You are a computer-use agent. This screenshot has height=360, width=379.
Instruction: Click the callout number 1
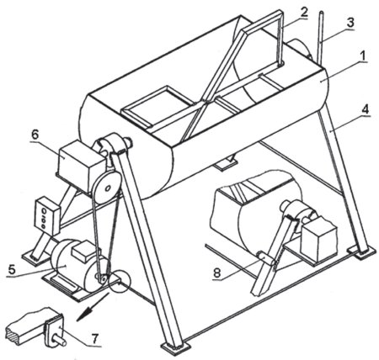click(363, 57)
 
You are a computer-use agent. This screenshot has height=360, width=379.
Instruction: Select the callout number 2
click(304, 13)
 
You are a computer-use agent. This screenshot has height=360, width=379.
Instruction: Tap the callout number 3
click(350, 24)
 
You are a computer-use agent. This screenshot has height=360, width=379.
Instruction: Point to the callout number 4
click(366, 109)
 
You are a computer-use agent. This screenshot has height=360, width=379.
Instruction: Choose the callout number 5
click(12, 269)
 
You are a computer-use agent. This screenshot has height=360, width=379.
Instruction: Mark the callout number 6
click(35, 135)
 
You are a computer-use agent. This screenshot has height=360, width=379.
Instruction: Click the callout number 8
click(217, 273)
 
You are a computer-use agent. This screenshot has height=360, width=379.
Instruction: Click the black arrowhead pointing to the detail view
click(83, 315)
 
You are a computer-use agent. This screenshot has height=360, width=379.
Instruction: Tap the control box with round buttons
click(47, 215)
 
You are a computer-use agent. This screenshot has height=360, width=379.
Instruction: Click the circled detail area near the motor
click(120, 281)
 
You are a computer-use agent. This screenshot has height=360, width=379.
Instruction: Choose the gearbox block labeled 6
click(79, 165)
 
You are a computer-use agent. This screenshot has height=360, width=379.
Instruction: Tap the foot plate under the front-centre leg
click(175, 347)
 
